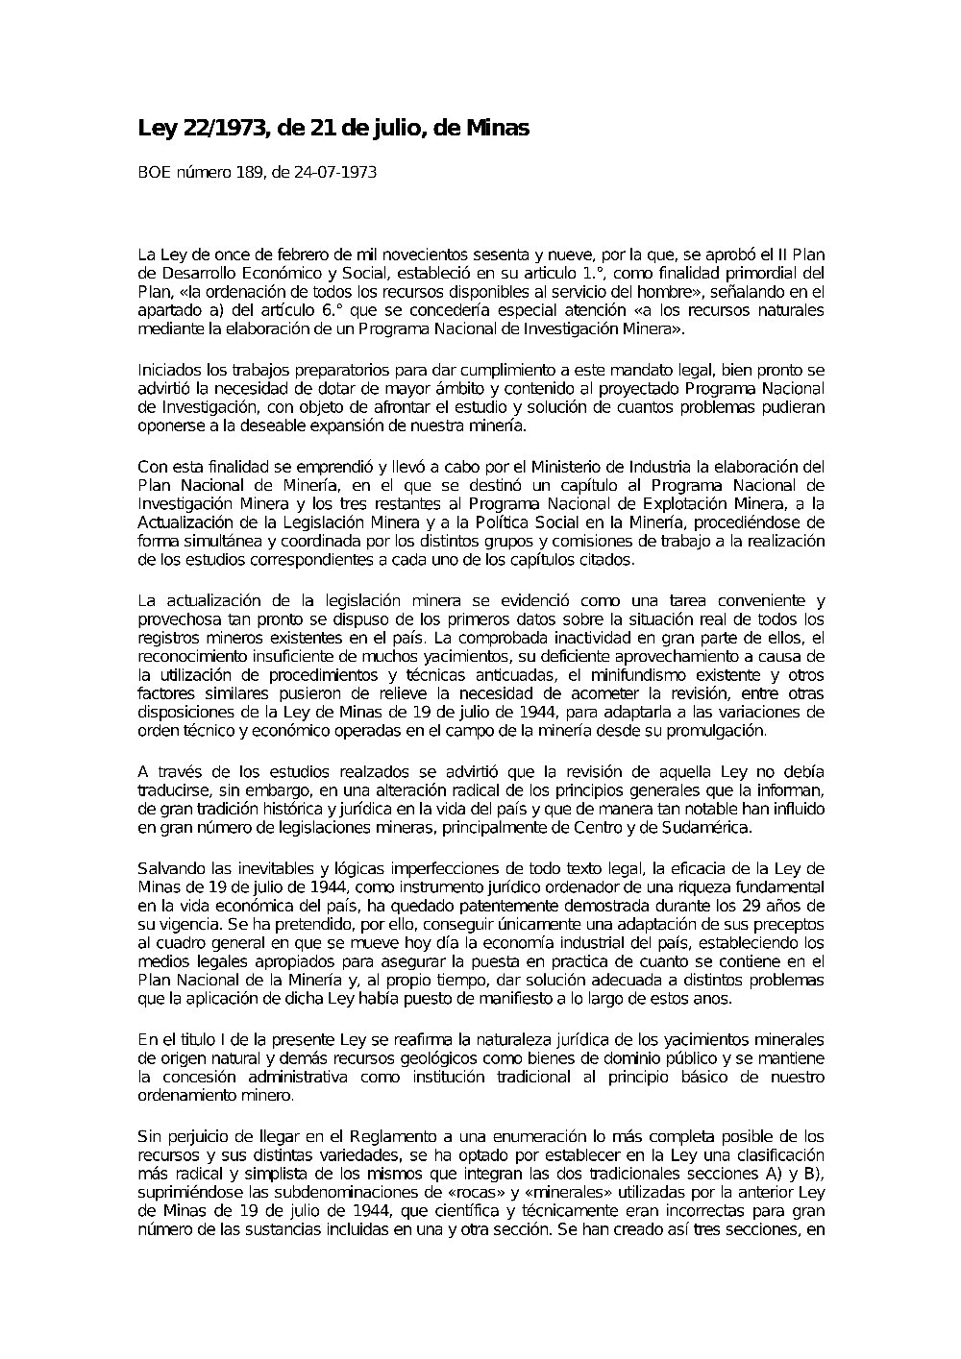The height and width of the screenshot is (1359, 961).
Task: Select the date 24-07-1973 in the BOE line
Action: (336, 173)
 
